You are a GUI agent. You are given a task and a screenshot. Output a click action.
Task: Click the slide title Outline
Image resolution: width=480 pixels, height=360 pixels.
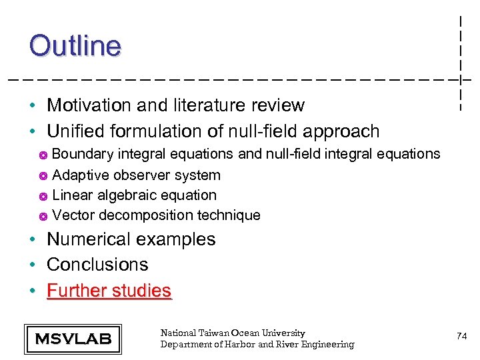[75, 46]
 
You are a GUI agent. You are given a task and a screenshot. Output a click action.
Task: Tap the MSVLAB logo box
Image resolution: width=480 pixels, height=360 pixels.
[73, 339]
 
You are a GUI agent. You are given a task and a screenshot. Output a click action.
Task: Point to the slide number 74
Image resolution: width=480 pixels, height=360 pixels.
[461, 337]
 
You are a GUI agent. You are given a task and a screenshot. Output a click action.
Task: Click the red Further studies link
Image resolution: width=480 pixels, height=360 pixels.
[109, 291]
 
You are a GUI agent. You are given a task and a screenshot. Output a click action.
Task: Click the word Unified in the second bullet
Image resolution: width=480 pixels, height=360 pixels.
[75, 131]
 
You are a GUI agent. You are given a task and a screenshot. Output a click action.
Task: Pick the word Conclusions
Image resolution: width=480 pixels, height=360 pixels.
[97, 265]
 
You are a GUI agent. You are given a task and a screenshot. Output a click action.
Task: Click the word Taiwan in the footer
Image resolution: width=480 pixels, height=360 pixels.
[215, 333]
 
